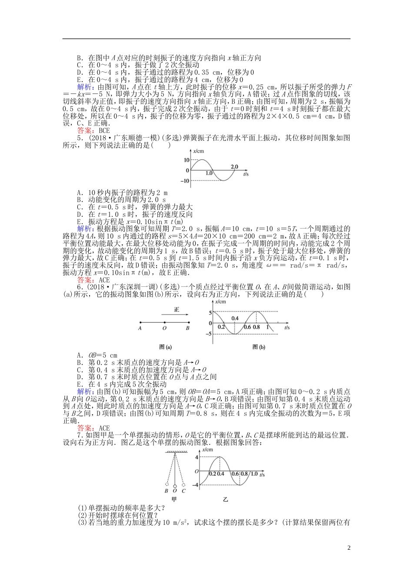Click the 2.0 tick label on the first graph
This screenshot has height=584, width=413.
pyautogui.click(x=234, y=166)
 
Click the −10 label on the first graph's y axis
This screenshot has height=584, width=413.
pyautogui.click(x=185, y=181)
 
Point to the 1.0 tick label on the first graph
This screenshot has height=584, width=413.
pyautogui.click(x=209, y=173)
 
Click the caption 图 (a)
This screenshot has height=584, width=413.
pyautogui.click(x=166, y=347)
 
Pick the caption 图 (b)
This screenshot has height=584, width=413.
pyautogui.click(x=259, y=347)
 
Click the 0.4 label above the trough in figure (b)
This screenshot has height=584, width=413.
pyautogui.click(x=235, y=318)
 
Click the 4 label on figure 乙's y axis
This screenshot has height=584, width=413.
pyautogui.click(x=197, y=457)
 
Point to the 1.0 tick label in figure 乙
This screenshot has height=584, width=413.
pyautogui.click(x=254, y=474)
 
